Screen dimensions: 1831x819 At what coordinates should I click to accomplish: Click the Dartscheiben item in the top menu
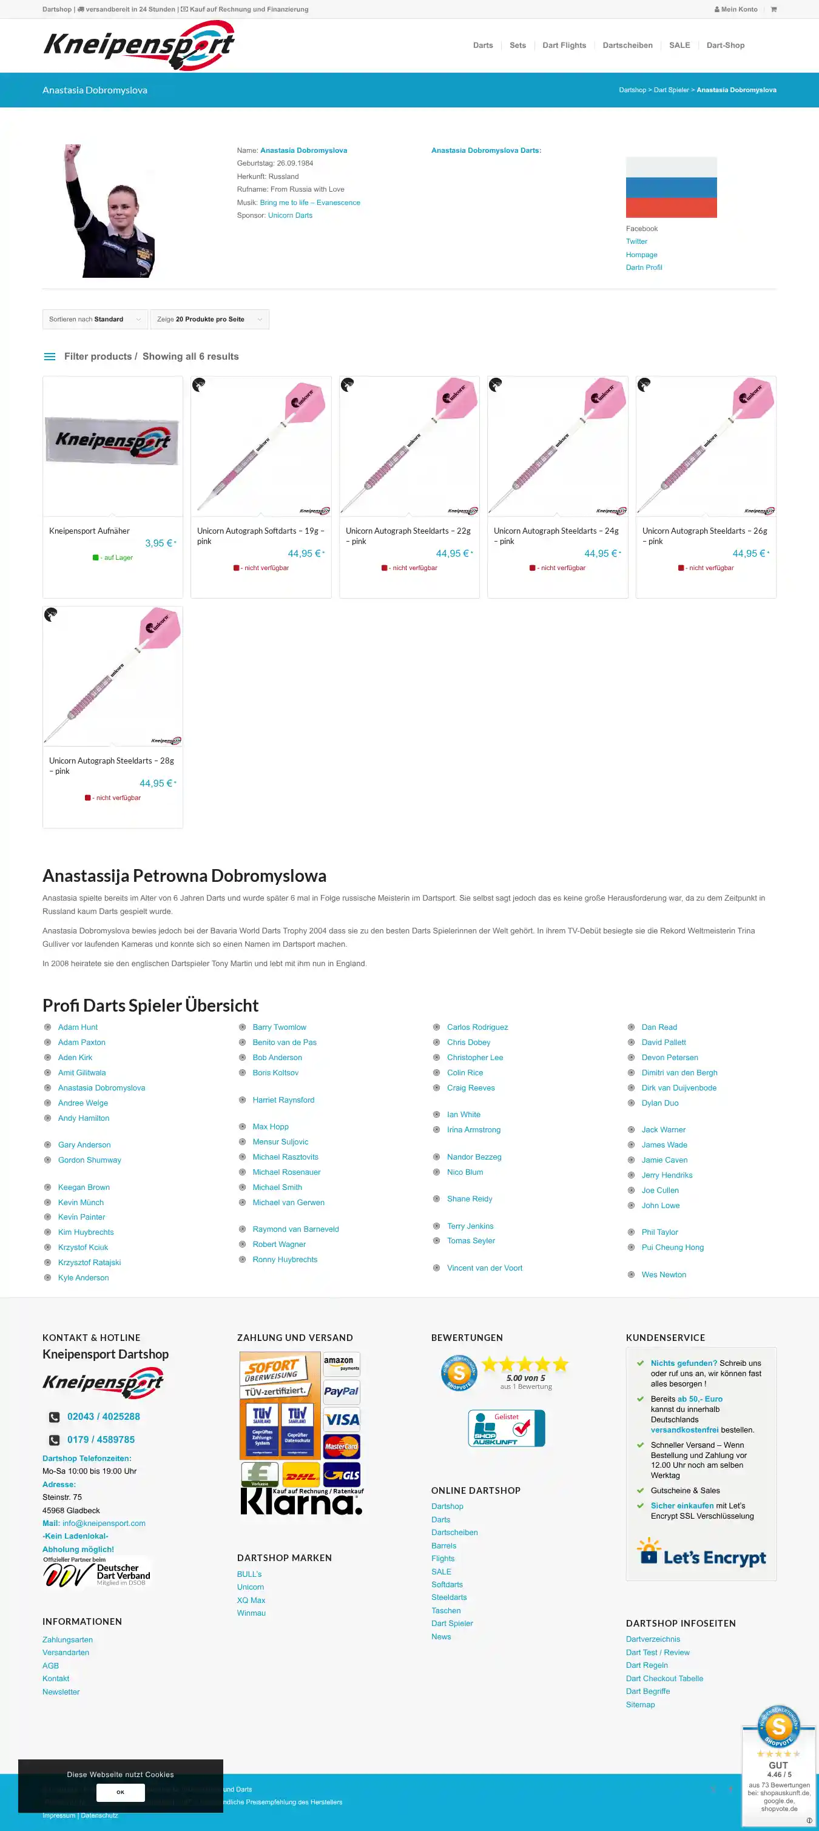pyautogui.click(x=627, y=45)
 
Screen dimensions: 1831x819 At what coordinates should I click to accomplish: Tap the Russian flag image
pyautogui.click(x=671, y=187)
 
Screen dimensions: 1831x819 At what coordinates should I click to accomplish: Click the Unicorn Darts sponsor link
pyautogui.click(x=290, y=215)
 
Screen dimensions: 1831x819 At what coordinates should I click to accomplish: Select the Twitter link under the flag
pyautogui.click(x=636, y=241)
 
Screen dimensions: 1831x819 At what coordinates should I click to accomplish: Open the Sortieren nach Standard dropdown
pyautogui.click(x=95, y=319)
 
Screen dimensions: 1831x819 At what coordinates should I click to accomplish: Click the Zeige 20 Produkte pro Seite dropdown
pyautogui.click(x=209, y=319)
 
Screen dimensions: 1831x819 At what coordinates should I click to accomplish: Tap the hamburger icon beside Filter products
pyautogui.click(x=50, y=357)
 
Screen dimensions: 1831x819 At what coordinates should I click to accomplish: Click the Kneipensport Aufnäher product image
pyautogui.click(x=112, y=446)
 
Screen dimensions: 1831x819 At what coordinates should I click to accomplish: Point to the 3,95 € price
pyautogui.click(x=159, y=543)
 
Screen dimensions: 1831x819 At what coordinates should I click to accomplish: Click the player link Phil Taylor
pyautogui.click(x=659, y=1232)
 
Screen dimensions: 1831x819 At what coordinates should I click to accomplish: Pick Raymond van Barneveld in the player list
pyautogui.click(x=295, y=1229)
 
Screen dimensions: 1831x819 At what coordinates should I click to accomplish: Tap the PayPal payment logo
pyautogui.click(x=341, y=1391)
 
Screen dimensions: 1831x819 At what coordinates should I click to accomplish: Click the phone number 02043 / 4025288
pyautogui.click(x=103, y=1416)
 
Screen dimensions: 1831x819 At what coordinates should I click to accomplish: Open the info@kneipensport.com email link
pyautogui.click(x=104, y=1524)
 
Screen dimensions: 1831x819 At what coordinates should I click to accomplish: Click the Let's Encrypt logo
pyautogui.click(x=701, y=1557)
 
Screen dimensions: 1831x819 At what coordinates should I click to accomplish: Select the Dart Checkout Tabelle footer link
pyautogui.click(x=664, y=1678)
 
